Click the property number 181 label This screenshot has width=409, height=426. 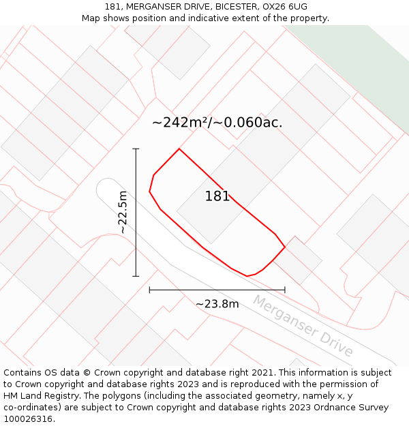217,196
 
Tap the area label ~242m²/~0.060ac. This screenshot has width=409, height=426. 217,123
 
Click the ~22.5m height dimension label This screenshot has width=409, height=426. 123,212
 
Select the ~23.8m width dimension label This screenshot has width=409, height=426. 217,304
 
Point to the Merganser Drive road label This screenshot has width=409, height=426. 303,326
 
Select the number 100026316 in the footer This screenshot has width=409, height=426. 28,419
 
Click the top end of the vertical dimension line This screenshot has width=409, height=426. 136,149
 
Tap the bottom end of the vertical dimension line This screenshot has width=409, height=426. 136,276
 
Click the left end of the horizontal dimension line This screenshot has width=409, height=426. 149,290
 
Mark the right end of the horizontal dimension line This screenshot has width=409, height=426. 285,290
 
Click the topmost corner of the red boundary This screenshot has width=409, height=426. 179,149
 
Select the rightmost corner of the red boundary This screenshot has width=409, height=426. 285,246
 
